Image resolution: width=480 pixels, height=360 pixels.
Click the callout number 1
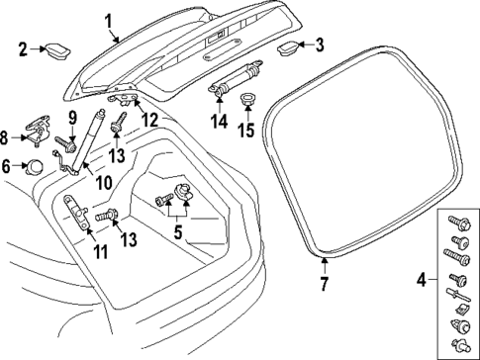pyautogui.click(x=108, y=18)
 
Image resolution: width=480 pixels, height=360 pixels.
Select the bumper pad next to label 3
pyautogui.click(x=289, y=45)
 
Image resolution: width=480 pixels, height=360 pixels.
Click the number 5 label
pyautogui.click(x=177, y=232)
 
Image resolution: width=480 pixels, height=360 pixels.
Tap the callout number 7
pyautogui.click(x=324, y=286)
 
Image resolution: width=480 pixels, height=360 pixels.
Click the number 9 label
pyautogui.click(x=72, y=120)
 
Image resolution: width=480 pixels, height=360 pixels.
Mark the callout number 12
pyautogui.click(x=148, y=120)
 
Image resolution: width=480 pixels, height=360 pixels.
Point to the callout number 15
pyautogui.click(x=246, y=130)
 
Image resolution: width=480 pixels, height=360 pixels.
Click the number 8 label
pyautogui.click(x=9, y=136)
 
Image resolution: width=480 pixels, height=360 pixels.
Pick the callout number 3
pyautogui.click(x=319, y=45)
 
